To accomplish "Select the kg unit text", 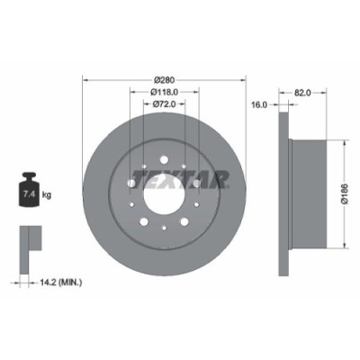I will (x=46, y=193).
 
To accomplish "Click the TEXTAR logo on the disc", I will (x=180, y=178).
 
